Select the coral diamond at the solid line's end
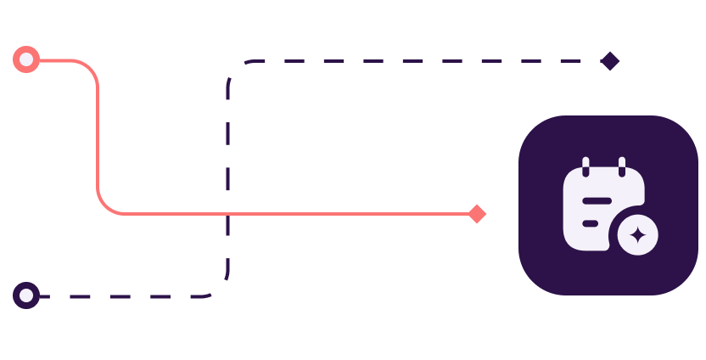[x=477, y=213]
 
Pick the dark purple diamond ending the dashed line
[x=609, y=61]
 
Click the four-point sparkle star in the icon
[x=637, y=235]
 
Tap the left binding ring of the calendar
[x=586, y=166]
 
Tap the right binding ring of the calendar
[x=622, y=166]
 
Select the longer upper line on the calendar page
[x=597, y=200]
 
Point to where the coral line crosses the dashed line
[x=227, y=213]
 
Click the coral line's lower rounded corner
[x=105, y=206]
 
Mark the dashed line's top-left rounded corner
[x=234, y=68]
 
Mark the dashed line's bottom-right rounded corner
[x=221, y=289]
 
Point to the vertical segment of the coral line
[x=98, y=136]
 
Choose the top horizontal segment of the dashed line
[x=424, y=61]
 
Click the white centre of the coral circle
[x=26, y=59]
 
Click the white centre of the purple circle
[x=26, y=295]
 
